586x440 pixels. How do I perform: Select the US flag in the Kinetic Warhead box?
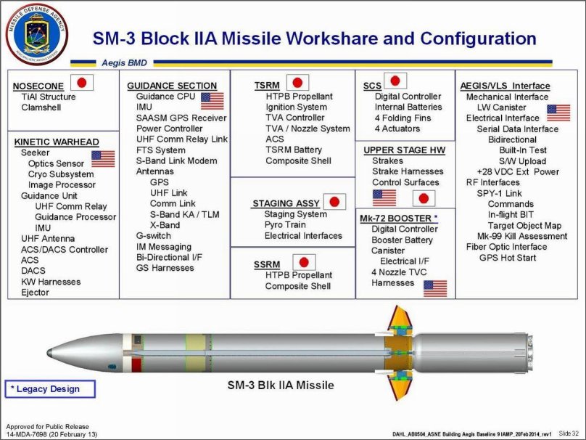[x=103, y=159]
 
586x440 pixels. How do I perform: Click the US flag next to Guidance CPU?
[x=212, y=100]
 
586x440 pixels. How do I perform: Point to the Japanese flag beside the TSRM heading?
[x=297, y=83]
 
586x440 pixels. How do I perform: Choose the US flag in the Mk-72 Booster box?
[x=435, y=288]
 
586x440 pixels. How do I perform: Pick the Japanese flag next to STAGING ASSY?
[x=334, y=201]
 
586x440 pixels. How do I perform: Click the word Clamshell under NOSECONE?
[x=41, y=107]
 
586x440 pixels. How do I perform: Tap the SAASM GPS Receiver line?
[x=181, y=118]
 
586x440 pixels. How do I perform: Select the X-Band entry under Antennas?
[x=165, y=225]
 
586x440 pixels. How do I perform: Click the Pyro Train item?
[x=286, y=225]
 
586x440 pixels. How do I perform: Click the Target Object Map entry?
[x=524, y=225]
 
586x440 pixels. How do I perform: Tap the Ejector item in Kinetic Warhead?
[x=36, y=293]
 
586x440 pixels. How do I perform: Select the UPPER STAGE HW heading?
[x=404, y=150]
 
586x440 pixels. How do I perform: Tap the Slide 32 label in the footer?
[x=569, y=433]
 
